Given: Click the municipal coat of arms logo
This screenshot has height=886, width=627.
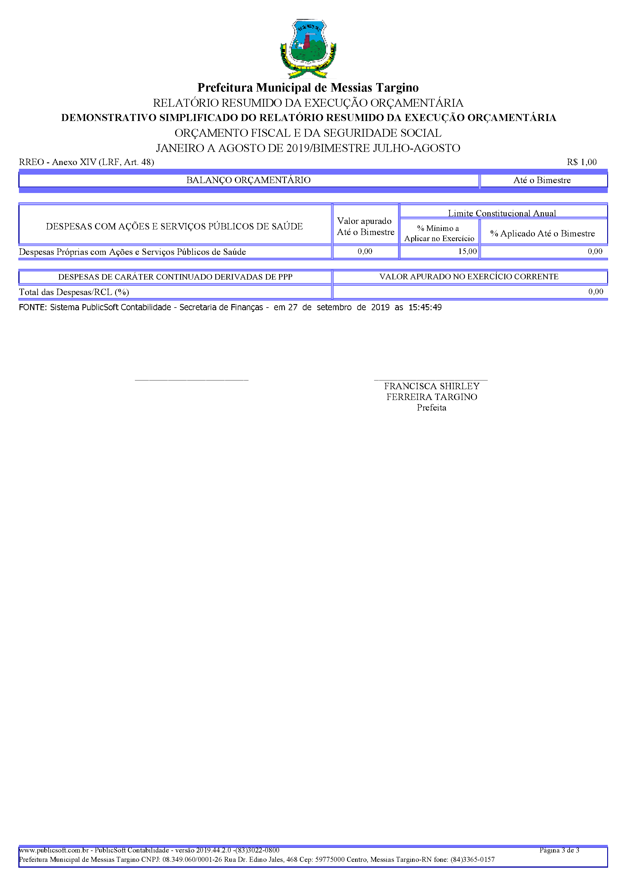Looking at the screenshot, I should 308,48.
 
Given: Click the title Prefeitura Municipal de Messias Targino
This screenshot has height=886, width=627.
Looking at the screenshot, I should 308,88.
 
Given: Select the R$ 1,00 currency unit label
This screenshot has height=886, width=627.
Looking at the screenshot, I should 582,162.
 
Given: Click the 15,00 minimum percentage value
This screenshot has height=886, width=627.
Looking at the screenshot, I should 467,251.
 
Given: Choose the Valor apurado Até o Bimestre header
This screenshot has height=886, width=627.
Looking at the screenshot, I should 365,226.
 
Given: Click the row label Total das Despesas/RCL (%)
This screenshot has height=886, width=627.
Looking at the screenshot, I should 74,292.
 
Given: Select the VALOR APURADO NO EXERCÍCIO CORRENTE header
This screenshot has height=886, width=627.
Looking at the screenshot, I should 469,277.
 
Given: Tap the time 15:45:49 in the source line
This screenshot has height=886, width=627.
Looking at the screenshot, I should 425,308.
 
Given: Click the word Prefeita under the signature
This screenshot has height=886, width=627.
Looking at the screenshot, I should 431,408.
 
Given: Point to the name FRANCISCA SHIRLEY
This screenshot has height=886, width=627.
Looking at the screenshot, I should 431,386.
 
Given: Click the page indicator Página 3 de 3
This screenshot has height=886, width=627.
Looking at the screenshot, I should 559,850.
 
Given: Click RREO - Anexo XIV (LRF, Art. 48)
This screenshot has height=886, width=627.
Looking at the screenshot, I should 87,162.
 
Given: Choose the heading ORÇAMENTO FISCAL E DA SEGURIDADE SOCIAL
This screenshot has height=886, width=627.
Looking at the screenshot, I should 308,133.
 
